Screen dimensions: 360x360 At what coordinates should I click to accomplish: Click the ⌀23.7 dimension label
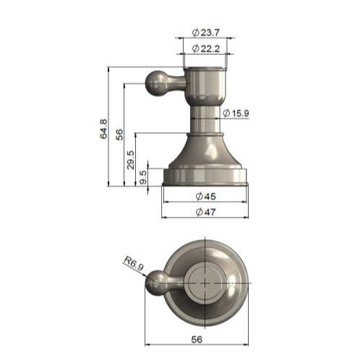(x=206, y=32)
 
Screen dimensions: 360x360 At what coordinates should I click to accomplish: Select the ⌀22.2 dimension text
(x=206, y=48)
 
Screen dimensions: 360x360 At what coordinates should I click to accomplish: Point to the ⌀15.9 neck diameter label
(x=236, y=113)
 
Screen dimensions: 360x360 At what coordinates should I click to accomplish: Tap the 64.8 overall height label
(x=103, y=128)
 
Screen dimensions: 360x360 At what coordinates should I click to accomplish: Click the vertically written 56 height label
(x=120, y=134)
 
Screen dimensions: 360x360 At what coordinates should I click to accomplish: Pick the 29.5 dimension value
(x=131, y=158)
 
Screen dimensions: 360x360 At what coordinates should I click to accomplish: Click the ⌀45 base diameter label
(x=206, y=196)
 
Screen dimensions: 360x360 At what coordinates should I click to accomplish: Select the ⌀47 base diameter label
(x=206, y=212)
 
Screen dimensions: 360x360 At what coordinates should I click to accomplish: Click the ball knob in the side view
(x=157, y=82)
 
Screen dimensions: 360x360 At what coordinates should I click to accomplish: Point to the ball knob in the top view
(x=156, y=286)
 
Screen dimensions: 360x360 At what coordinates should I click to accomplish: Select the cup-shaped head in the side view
(x=206, y=85)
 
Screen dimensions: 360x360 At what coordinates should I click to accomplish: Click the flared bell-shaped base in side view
(x=206, y=153)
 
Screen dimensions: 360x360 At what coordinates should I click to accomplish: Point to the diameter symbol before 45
(x=199, y=196)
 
